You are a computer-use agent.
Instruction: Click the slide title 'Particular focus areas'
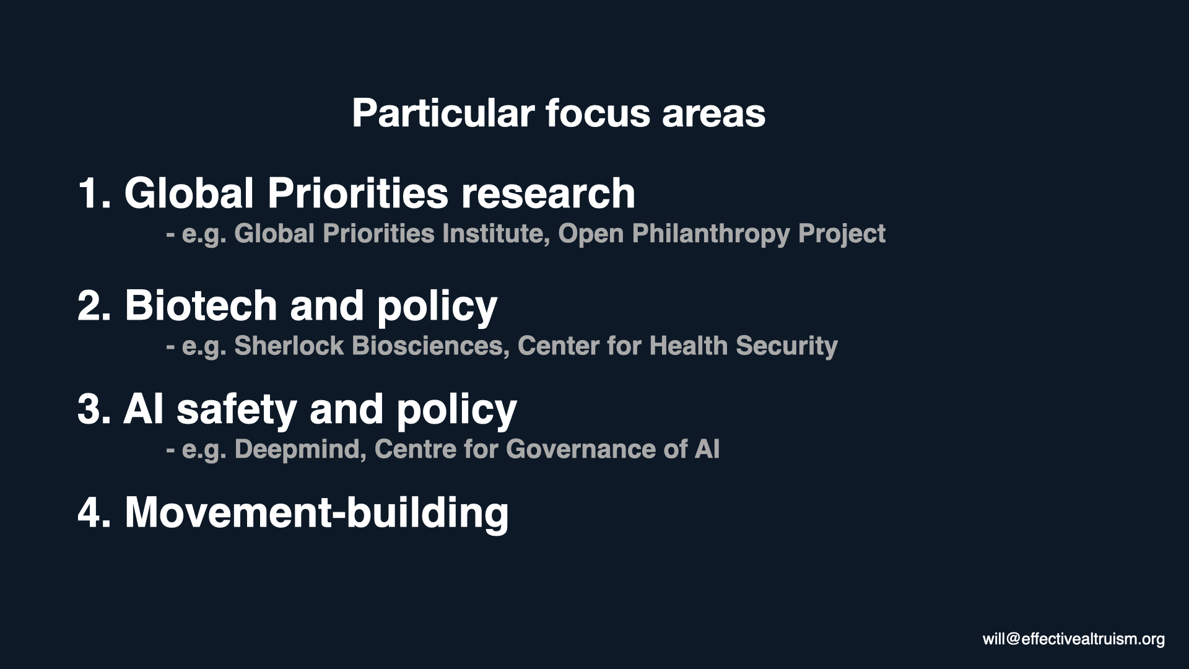[x=559, y=113]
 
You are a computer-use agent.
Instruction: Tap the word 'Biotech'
[x=201, y=305]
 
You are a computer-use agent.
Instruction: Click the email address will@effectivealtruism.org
[x=1074, y=639]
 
